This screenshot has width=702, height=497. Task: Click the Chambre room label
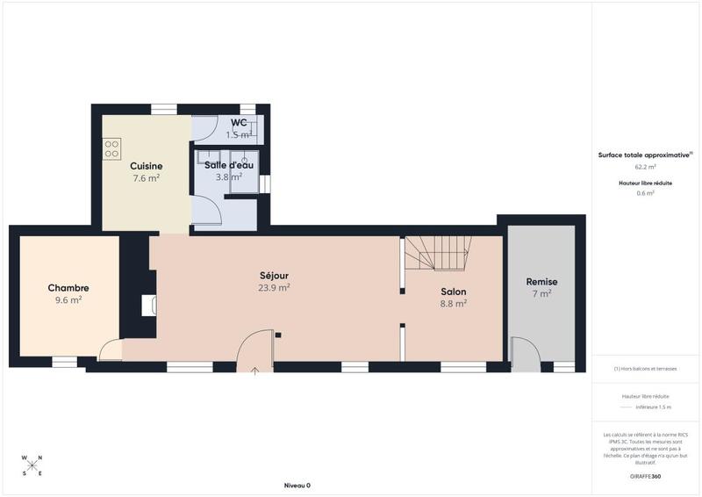[68, 288]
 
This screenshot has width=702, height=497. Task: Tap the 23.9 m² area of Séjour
[274, 287]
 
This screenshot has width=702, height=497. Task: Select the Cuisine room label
[146, 166]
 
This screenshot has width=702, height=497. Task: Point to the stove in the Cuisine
[112, 149]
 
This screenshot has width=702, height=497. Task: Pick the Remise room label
[541, 282]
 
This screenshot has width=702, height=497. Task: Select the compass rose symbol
[32, 465]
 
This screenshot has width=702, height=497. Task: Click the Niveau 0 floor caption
[297, 486]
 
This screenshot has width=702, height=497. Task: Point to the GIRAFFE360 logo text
[645, 476]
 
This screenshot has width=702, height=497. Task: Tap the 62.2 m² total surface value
[645, 166]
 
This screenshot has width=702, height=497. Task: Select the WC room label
[239, 123]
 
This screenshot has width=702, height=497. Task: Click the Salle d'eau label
[229, 165]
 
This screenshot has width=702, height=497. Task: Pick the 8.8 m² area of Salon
[453, 304]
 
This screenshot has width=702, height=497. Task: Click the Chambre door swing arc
[111, 350]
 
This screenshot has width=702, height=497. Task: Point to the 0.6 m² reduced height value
[645, 193]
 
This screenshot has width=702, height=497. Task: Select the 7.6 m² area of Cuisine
[146, 178]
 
